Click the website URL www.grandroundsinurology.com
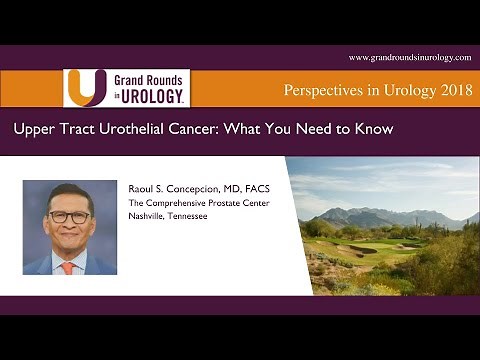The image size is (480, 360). tap(409, 58)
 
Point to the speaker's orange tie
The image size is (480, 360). tap(67, 267)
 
